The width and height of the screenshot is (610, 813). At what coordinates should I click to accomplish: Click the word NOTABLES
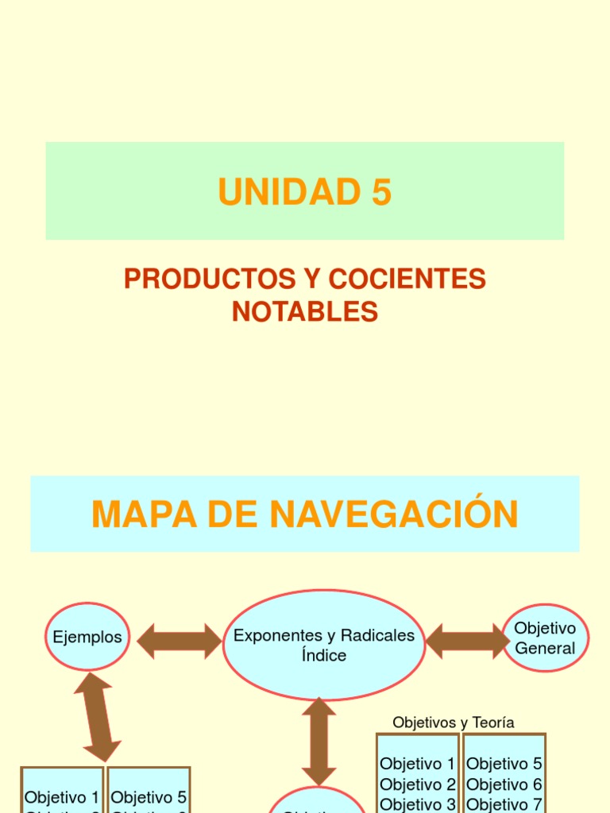[x=305, y=312]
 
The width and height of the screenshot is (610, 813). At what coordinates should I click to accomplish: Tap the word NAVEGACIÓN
[x=394, y=514]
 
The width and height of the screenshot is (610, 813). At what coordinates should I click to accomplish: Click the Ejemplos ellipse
[x=87, y=637]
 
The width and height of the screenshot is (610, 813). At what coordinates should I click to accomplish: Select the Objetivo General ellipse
[x=545, y=638]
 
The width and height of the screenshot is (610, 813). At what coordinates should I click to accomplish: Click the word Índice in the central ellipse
[x=324, y=656]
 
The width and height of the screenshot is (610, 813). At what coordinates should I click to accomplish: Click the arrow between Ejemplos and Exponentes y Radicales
[x=180, y=641]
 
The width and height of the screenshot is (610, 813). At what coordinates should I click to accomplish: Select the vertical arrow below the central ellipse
[x=319, y=742]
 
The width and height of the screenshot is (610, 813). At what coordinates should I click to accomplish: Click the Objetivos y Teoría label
[x=454, y=722]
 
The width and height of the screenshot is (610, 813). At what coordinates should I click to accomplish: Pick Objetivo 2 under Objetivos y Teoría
[x=418, y=784]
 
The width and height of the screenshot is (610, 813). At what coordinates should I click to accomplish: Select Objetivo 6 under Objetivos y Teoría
[x=504, y=784]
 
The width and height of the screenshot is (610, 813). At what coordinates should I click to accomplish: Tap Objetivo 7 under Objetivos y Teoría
[x=504, y=803]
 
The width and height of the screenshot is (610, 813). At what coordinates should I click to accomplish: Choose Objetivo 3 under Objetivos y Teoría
[x=418, y=803]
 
